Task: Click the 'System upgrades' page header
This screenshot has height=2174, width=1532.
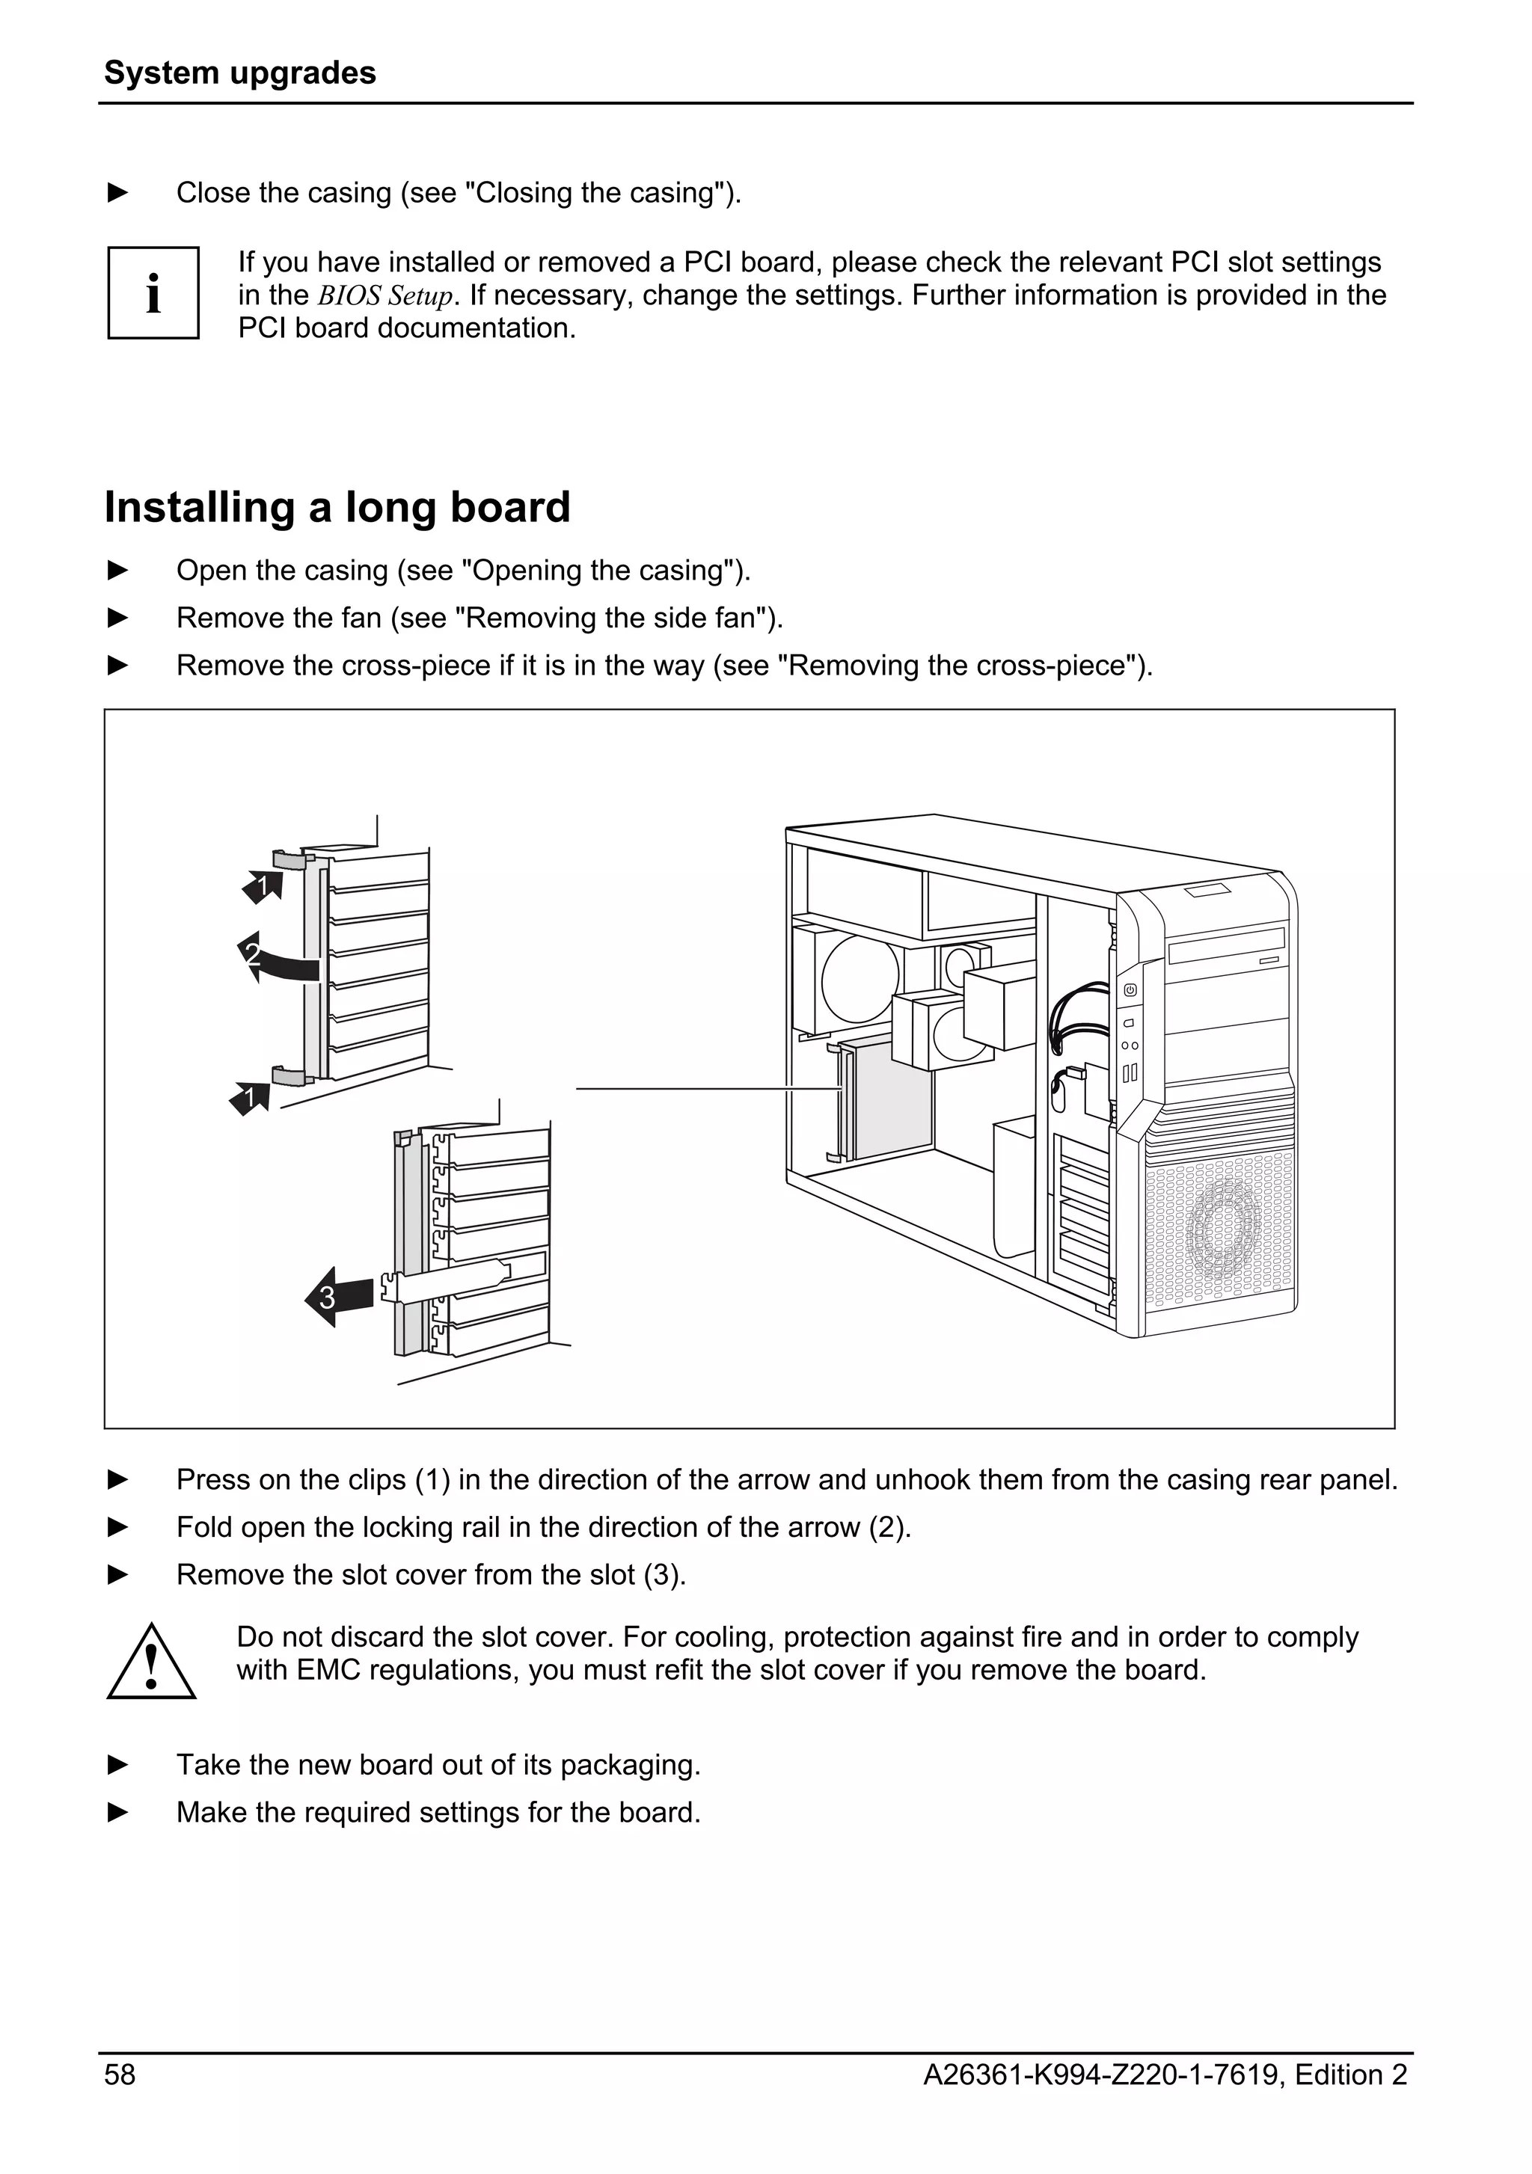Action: point(239,73)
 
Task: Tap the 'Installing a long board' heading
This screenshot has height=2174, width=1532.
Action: point(337,508)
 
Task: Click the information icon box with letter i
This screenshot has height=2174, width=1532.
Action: point(153,293)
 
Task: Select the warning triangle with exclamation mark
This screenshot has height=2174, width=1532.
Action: point(152,1664)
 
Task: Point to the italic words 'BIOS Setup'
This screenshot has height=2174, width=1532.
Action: point(385,296)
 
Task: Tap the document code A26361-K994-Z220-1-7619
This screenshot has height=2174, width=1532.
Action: point(1101,2075)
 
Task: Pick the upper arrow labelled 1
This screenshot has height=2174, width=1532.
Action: point(263,886)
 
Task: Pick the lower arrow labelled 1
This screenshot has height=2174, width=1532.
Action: point(250,1099)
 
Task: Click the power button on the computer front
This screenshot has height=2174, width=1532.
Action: point(1130,990)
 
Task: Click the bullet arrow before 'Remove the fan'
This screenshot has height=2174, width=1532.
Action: point(118,618)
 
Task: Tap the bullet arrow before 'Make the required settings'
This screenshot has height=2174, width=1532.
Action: point(118,1812)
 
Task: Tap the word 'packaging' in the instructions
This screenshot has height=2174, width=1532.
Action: point(628,1765)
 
